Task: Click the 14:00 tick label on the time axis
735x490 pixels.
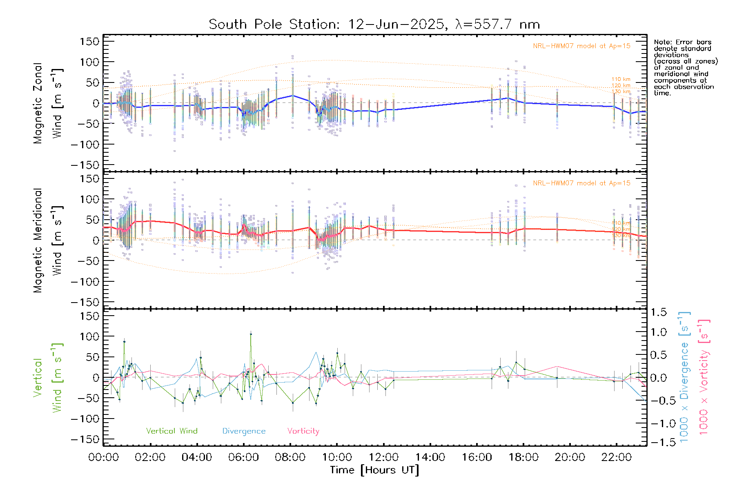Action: click(x=430, y=457)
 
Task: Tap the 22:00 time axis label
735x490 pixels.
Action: click(x=617, y=457)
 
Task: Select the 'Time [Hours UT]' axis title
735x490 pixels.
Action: click(x=374, y=470)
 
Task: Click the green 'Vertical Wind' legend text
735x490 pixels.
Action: click(x=171, y=431)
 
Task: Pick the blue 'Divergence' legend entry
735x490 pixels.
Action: click(x=244, y=431)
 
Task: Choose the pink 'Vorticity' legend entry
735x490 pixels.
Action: click(x=303, y=431)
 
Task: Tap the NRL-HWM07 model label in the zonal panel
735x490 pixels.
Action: click(x=581, y=46)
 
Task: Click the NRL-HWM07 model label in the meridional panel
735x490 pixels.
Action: click(x=581, y=183)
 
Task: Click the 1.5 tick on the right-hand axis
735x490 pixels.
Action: click(x=658, y=312)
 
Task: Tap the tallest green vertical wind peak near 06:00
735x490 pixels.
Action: click(x=251, y=334)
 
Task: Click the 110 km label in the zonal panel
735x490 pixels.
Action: click(x=621, y=79)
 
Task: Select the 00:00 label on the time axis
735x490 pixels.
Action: click(x=103, y=457)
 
